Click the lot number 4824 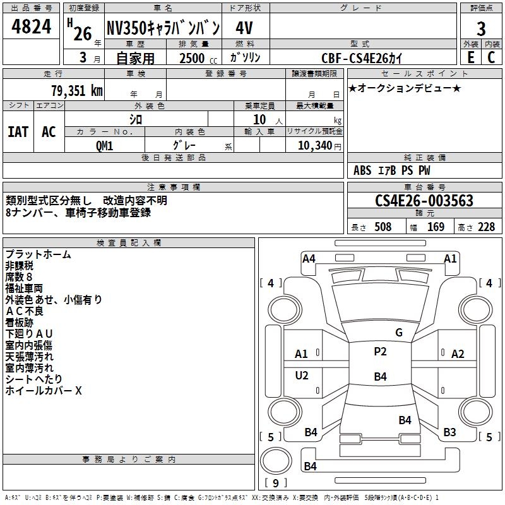pyautogui.click(x=31, y=27)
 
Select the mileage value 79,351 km pyautogui.click(x=77, y=90)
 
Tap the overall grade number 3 pyautogui.click(x=481, y=28)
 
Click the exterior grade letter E pyautogui.click(x=470, y=57)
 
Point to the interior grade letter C pyautogui.click(x=491, y=57)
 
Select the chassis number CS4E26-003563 pyautogui.click(x=424, y=200)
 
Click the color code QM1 pyautogui.click(x=104, y=146)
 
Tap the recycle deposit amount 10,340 pyautogui.click(x=314, y=145)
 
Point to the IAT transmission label pyautogui.click(x=18, y=132)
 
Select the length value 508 pyautogui.click(x=383, y=227)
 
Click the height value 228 pyautogui.click(x=486, y=227)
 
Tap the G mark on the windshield pyautogui.click(x=399, y=333)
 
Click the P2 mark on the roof pyautogui.click(x=380, y=352)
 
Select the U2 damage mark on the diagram pyautogui.click(x=302, y=375)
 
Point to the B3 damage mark pyautogui.click(x=449, y=432)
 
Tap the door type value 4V pyautogui.click(x=244, y=28)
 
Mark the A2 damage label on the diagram pyautogui.click(x=458, y=354)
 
